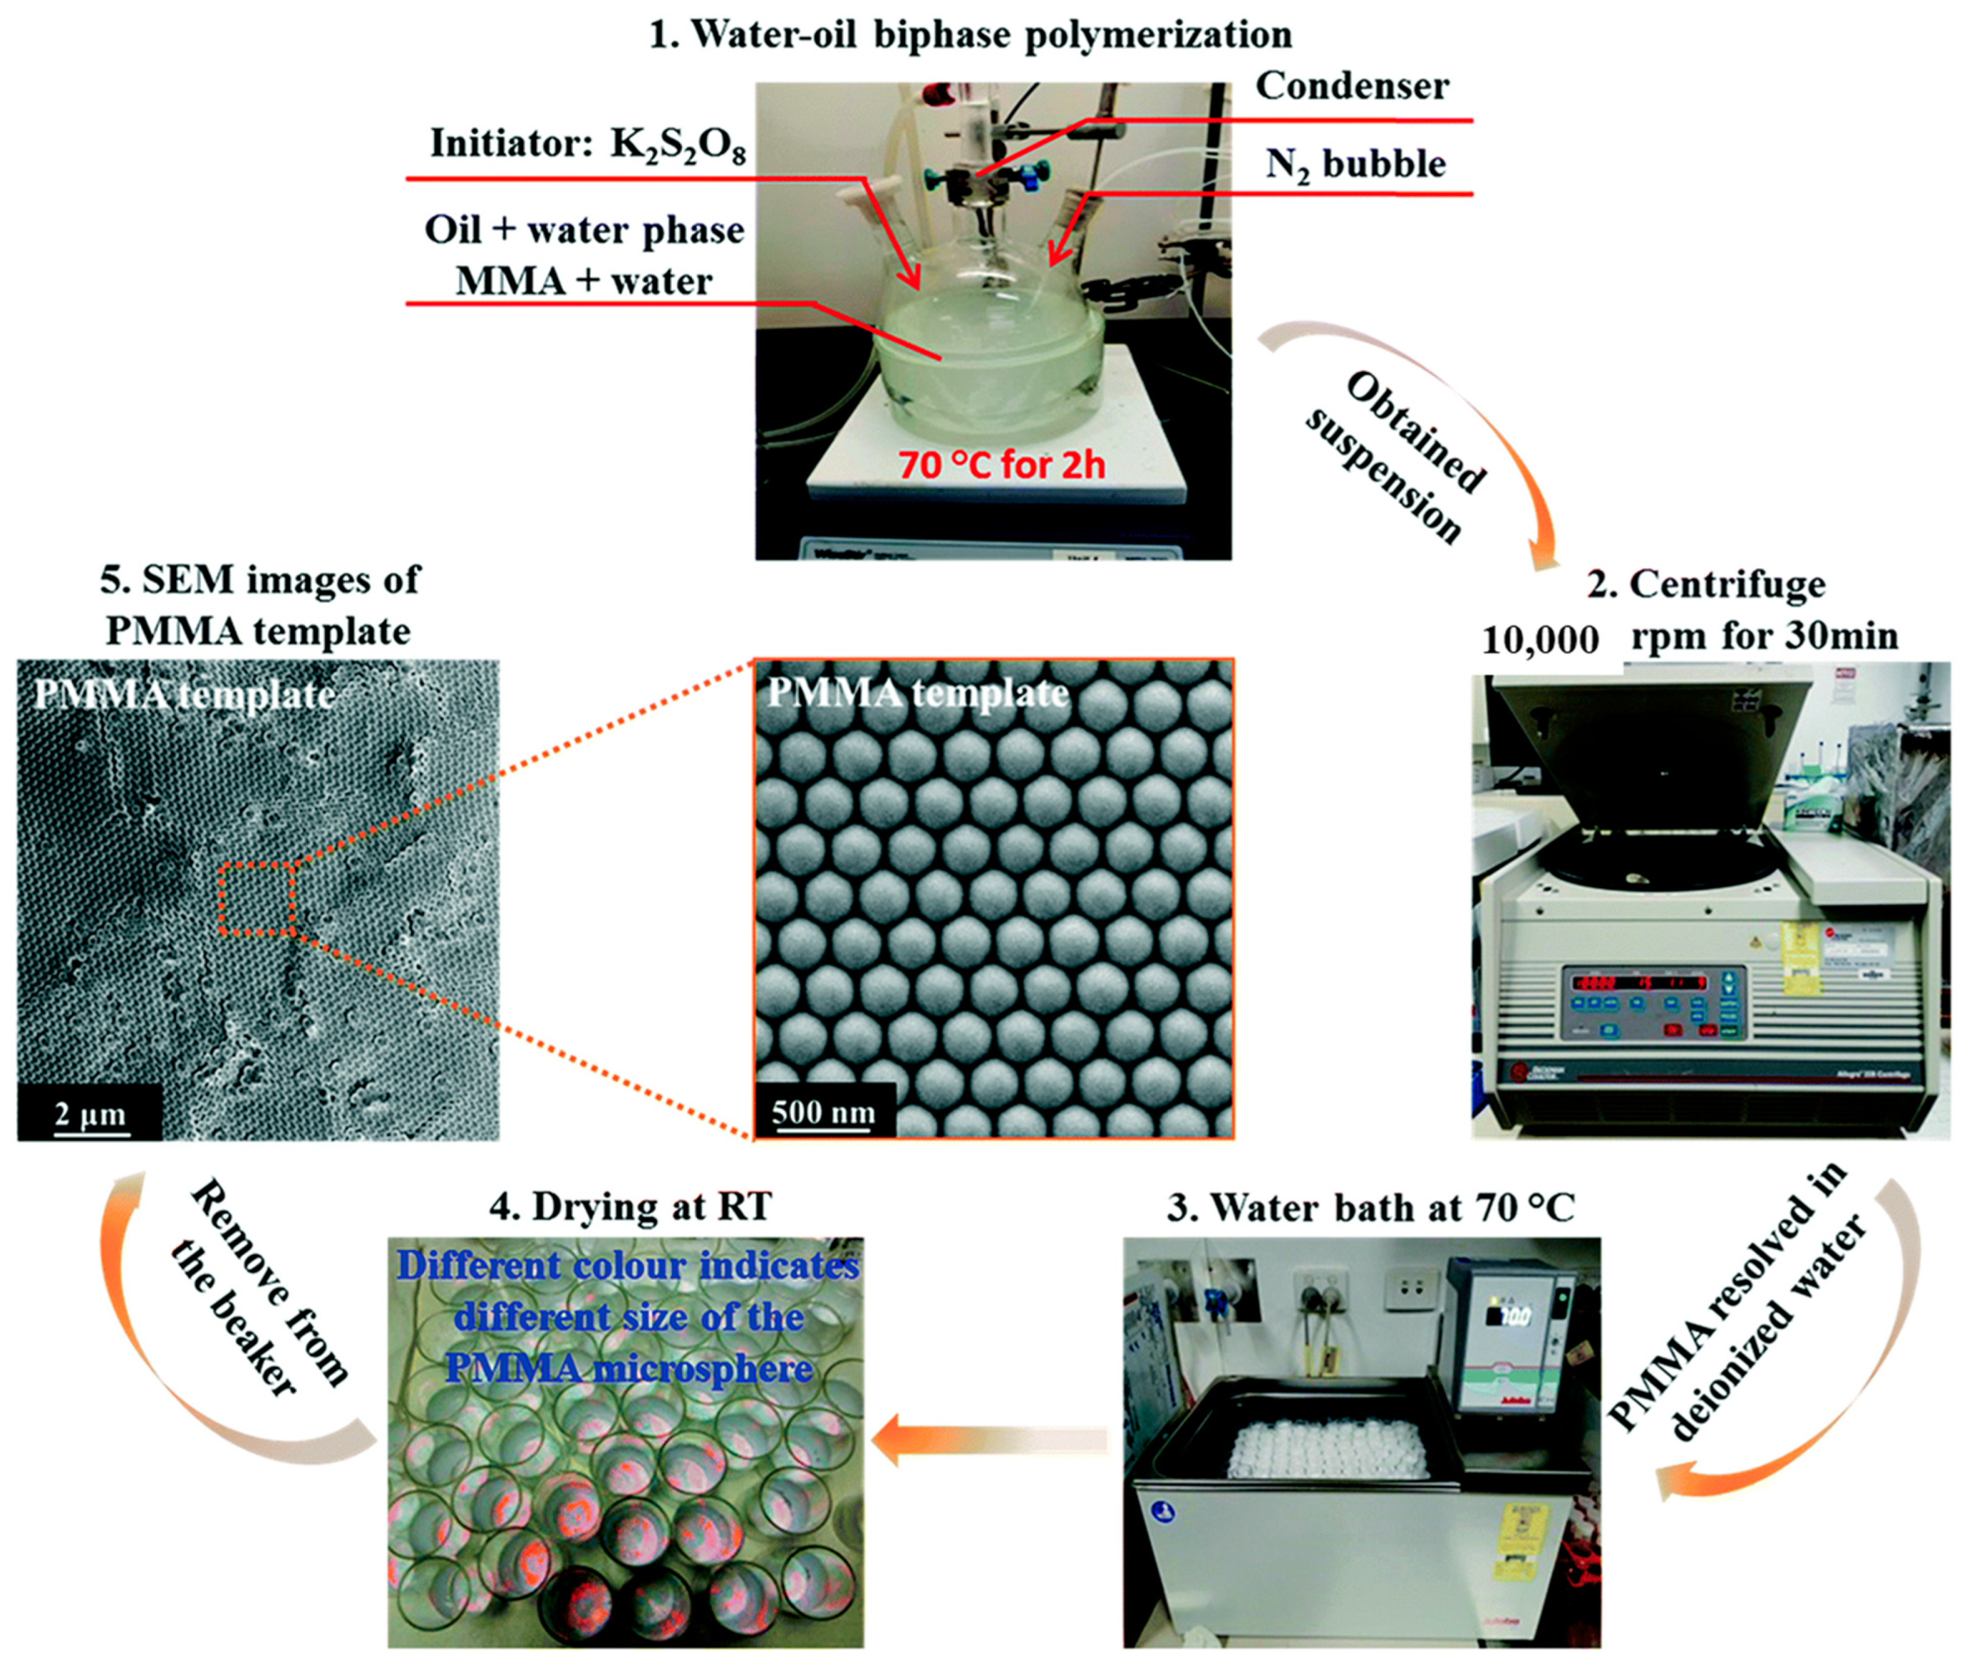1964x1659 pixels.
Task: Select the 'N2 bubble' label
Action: tap(1355, 165)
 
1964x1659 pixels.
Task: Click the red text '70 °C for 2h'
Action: tap(1001, 465)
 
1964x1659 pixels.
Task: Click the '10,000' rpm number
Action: tap(1540, 640)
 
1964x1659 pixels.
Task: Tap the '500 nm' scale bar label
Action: tap(823, 1112)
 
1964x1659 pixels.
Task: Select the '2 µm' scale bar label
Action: tap(89, 1114)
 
